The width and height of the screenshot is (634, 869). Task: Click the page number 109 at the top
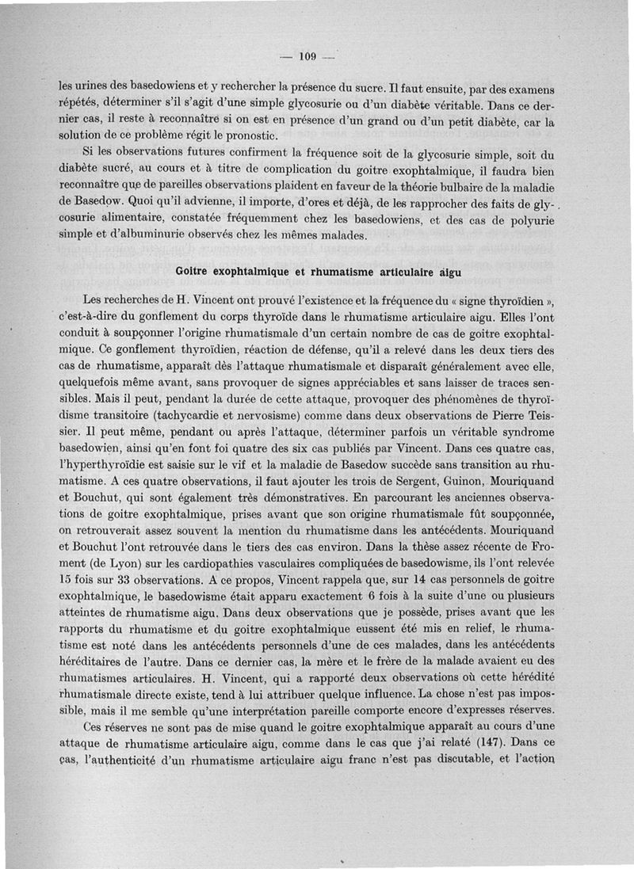coord(307,55)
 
